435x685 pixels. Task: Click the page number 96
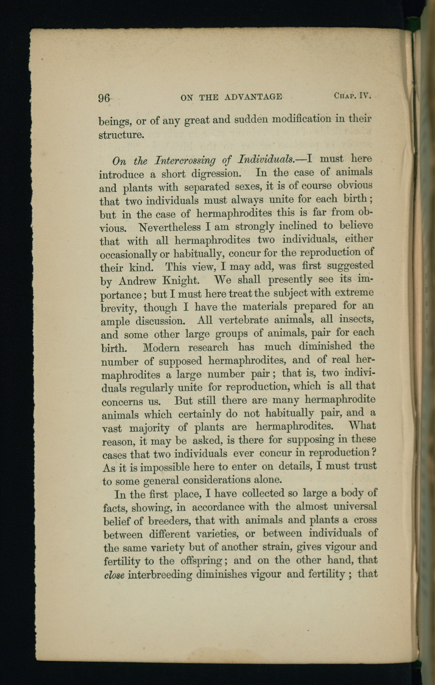tap(104, 98)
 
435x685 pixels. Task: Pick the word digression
tap(216, 174)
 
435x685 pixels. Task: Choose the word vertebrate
tap(244, 320)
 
